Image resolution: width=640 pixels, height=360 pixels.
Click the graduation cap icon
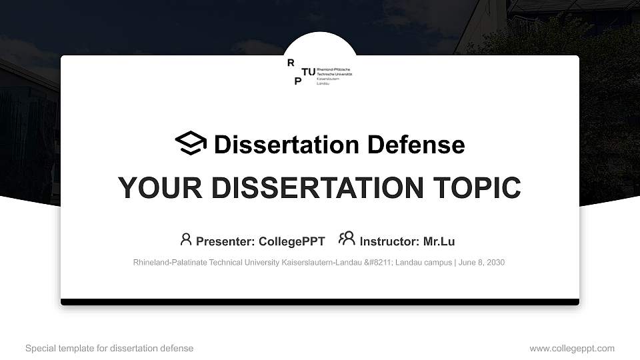tap(191, 143)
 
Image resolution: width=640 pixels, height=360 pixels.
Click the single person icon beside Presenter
tap(186, 239)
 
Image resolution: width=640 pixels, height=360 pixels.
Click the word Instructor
tap(388, 241)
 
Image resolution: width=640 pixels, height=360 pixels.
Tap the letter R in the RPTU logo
tap(290, 63)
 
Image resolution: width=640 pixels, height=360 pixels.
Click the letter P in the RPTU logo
tap(297, 81)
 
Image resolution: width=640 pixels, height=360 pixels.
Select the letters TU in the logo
tap(309, 71)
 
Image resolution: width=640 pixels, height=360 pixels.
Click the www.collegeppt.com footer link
tap(572, 349)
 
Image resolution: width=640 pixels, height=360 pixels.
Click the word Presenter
tap(222, 241)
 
